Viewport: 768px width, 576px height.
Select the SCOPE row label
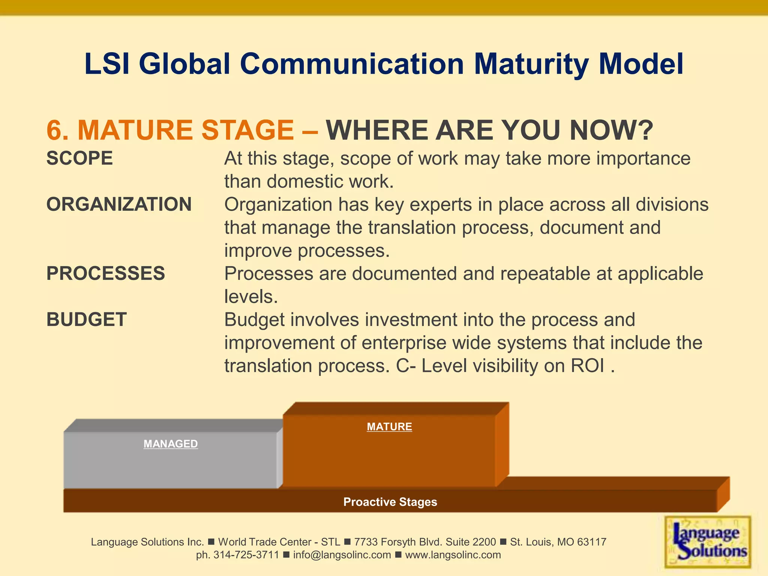[79, 158]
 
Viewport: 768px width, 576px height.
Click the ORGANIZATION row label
[119, 204]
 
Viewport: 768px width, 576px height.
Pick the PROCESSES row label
[105, 273]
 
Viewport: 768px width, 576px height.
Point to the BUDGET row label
[86, 319]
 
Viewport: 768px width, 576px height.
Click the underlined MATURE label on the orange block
[389, 427]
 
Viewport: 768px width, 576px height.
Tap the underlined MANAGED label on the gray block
[171, 444]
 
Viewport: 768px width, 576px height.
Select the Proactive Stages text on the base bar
[390, 502]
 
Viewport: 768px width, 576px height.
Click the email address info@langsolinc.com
[342, 555]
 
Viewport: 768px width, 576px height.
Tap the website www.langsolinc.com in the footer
[453, 555]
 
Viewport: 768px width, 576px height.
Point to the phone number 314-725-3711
[246, 555]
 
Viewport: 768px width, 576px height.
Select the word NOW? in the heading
[611, 130]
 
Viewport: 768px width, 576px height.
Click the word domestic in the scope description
[304, 182]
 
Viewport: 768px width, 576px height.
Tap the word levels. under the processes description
[251, 297]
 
